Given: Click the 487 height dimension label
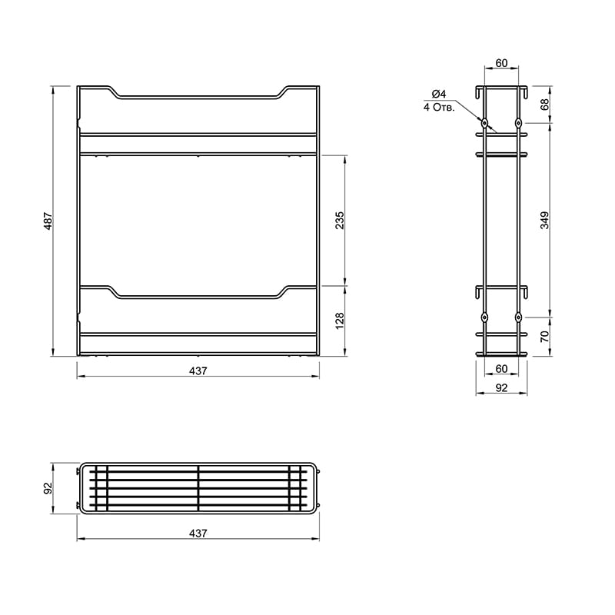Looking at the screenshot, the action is (48, 221).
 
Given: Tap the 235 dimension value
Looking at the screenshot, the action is (340, 220).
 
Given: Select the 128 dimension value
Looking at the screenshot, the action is (340, 321).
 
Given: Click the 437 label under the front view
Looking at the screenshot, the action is (198, 371).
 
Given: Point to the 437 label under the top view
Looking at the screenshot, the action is (198, 534).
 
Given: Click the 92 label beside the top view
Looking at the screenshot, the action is (48, 488).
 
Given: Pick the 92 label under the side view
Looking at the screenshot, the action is (502, 387).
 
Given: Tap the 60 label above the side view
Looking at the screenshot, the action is (502, 63).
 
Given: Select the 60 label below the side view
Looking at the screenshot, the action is (502, 369).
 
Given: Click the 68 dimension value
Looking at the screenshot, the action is (545, 105).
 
